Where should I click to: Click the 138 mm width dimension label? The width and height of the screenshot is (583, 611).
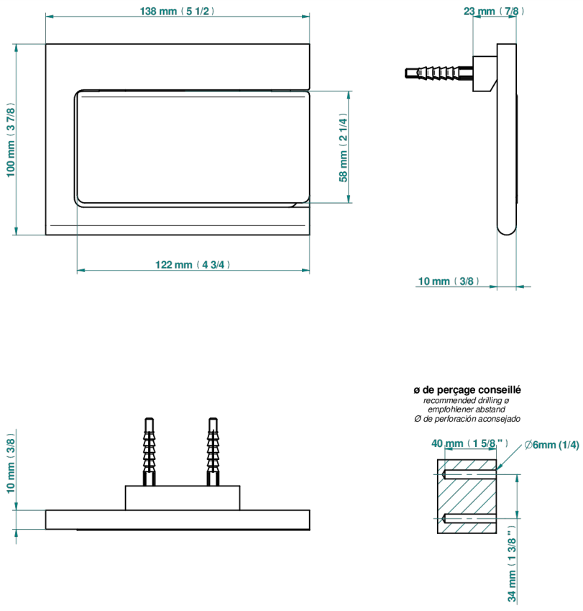point(177,11)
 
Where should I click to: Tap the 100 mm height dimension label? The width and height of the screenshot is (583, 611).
point(11,140)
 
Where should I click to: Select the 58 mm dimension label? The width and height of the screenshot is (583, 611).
point(343,148)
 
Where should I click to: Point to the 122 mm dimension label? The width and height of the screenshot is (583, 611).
point(193,265)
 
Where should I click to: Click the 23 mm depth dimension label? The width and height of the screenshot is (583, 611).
point(494,11)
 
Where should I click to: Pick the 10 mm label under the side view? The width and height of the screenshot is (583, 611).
point(449,281)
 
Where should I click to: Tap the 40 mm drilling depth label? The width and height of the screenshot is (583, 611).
point(469,443)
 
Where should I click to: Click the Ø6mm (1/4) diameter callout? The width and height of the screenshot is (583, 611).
point(552,445)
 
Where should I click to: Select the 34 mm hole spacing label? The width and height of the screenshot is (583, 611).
point(512,564)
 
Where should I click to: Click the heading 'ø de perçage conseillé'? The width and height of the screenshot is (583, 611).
point(467,389)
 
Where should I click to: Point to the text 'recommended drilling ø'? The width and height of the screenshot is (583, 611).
point(467,400)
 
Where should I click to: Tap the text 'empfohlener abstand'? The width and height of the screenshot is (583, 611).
point(467,409)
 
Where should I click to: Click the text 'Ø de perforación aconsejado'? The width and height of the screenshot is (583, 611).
point(467,419)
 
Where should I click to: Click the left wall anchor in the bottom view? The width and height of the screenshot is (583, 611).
point(149,452)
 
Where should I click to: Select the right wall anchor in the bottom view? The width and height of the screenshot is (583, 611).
point(213,452)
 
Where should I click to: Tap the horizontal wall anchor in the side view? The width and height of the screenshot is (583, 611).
point(439,73)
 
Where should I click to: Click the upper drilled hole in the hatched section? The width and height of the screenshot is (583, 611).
point(469,474)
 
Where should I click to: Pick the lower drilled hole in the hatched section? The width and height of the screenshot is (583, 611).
point(469,518)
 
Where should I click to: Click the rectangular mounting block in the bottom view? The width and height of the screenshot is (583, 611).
point(183,497)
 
